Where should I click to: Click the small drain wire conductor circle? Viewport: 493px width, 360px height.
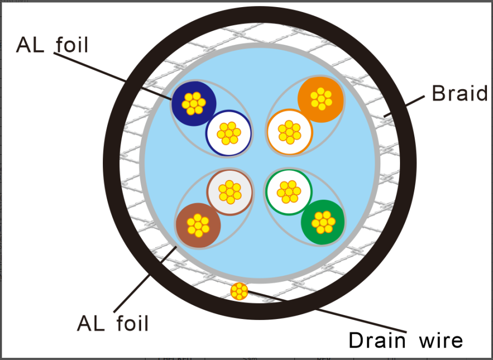tap(239, 291)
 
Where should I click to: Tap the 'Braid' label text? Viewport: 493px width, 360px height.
tap(459, 94)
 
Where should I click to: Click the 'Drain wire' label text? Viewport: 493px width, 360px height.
tap(405, 340)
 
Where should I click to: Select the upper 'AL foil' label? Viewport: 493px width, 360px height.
tap(52, 45)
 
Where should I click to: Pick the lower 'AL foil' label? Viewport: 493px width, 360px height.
tap(113, 323)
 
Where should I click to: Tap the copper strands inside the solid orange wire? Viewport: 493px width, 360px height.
tap(321, 98)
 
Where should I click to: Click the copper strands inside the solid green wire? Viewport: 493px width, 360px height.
tap(323, 221)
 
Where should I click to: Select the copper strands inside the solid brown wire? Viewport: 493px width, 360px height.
tap(198, 224)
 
